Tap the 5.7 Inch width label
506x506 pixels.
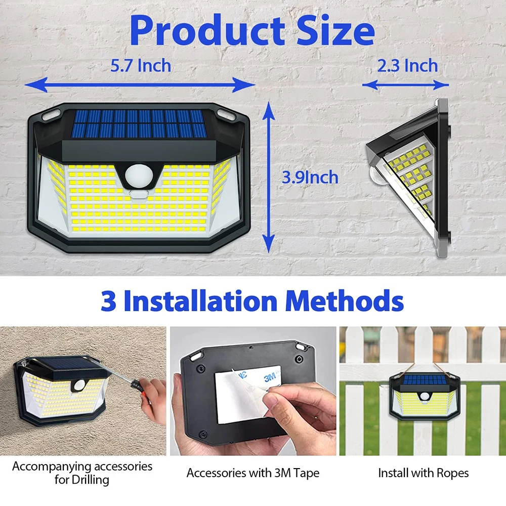coord(141,65)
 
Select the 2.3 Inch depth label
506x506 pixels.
coord(407,65)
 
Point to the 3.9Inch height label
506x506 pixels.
coord(310,177)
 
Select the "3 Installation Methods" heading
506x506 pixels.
coord(252,301)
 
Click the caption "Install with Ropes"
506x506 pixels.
coord(423,473)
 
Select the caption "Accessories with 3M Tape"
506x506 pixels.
coord(253,474)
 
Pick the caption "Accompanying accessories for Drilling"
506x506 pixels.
coord(82,473)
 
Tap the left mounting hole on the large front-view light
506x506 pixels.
coord(49,115)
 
